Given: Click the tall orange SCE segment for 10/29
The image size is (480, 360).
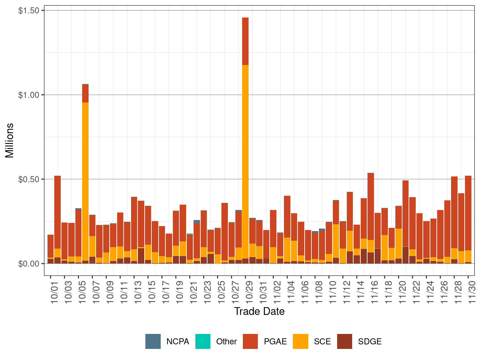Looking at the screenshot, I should [x=245, y=161].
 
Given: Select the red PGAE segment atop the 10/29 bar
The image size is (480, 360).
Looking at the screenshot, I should [x=245, y=41].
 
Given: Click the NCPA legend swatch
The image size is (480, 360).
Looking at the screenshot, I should [x=153, y=341].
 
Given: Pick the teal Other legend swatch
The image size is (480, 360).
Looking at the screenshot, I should [x=203, y=341].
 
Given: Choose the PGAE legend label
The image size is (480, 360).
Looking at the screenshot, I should [x=275, y=341].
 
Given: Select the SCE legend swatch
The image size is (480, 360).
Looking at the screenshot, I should [x=300, y=341].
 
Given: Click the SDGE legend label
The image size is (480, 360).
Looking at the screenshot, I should [x=370, y=341].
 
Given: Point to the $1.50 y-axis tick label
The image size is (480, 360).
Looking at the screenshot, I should [x=29, y=11].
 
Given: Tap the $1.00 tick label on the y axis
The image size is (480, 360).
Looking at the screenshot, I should [x=29, y=95].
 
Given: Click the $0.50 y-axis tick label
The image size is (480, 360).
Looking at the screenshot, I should [x=29, y=179].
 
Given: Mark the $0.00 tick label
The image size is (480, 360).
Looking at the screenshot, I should [x=29, y=264].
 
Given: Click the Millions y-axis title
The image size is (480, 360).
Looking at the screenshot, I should [x=9, y=140].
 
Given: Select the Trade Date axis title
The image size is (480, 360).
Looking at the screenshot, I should [x=259, y=311].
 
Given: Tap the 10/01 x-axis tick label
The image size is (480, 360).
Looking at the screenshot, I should [x=54, y=292].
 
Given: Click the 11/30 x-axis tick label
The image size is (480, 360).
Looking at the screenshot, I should [x=472, y=292].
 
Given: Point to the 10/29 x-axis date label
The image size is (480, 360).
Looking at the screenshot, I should [x=249, y=292].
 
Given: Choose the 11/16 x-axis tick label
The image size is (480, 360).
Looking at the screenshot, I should [x=374, y=292].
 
